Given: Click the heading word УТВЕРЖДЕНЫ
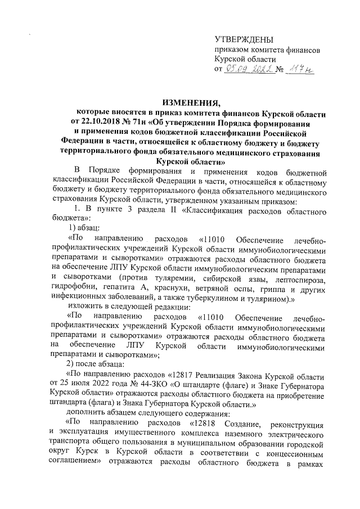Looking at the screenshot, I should point(244,39).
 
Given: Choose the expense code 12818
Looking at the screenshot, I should point(206,422).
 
